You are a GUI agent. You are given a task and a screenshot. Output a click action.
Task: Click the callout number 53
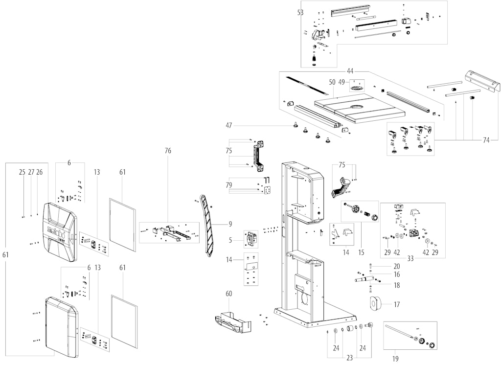(300, 12)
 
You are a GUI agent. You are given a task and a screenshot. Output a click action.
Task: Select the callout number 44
(350, 70)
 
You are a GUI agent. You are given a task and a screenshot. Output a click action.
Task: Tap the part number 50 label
(332, 82)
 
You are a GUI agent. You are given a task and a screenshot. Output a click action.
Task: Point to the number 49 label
(342, 82)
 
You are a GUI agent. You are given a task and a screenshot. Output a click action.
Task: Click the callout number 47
(229, 126)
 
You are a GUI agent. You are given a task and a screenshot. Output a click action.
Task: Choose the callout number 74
(486, 140)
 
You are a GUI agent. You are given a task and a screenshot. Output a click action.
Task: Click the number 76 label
(168, 151)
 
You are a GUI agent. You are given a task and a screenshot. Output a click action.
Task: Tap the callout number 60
(229, 294)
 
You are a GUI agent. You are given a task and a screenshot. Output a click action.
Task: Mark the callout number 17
(396, 305)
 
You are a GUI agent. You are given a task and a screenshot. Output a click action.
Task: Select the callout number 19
(395, 359)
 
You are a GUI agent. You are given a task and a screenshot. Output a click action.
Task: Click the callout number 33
(410, 259)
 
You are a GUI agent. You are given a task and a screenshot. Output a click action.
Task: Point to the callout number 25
(22, 172)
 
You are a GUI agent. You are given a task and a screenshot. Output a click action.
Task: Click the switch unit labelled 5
(251, 239)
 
